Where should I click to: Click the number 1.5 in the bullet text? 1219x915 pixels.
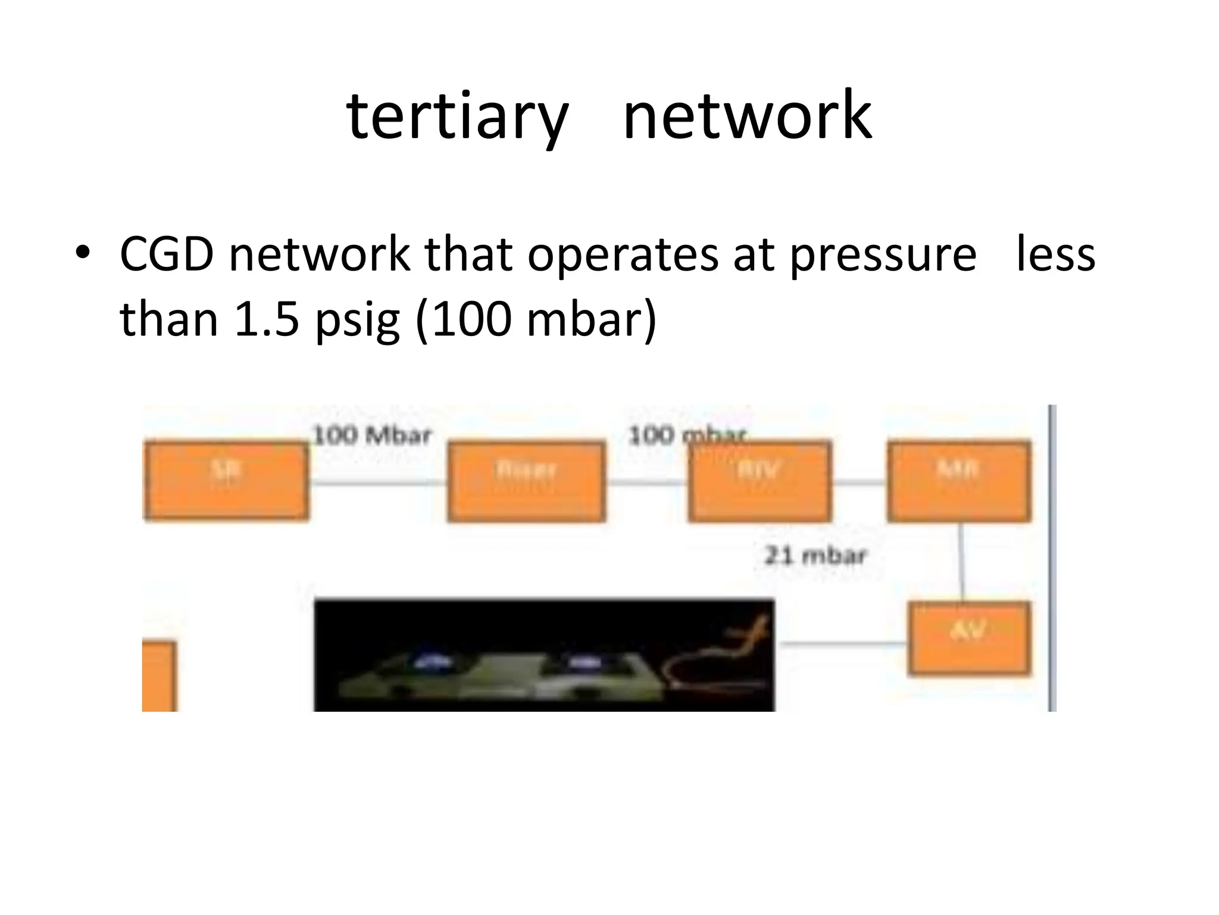(x=267, y=319)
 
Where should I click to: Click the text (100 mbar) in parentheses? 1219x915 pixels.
(x=536, y=319)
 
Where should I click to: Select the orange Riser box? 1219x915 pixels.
(x=527, y=481)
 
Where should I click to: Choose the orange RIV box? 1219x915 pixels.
(x=759, y=481)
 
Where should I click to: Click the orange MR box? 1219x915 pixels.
(x=959, y=481)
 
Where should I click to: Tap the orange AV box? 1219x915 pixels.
(x=969, y=638)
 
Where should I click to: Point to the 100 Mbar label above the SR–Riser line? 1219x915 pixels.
(x=371, y=435)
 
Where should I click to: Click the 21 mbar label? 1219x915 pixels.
(x=815, y=556)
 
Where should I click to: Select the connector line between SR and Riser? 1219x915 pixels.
(x=379, y=483)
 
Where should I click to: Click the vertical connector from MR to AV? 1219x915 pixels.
(x=961, y=562)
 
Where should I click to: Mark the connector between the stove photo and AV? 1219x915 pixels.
(x=842, y=643)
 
